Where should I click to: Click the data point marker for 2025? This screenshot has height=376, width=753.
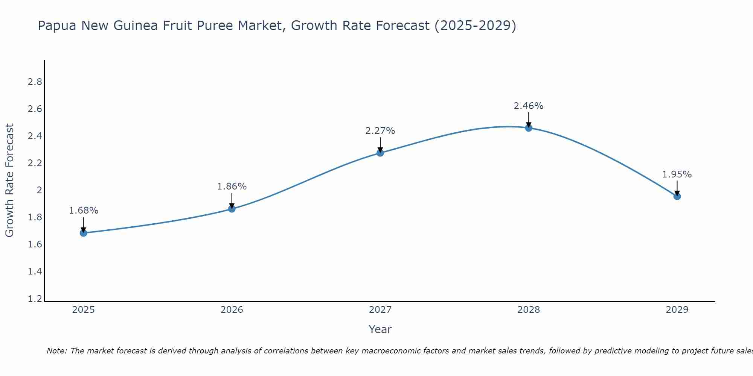point(84,233)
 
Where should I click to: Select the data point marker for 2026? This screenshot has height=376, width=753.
point(232,209)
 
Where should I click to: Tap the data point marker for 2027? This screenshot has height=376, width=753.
point(380,153)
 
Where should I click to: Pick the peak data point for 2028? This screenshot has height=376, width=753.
point(529,128)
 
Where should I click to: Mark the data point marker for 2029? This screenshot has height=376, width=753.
point(677,196)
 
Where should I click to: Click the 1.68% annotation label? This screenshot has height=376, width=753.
point(84,211)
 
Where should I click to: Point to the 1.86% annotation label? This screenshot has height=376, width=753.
point(232,186)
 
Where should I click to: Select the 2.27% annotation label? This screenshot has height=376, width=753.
point(380,131)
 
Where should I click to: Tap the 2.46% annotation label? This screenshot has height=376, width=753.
point(529,106)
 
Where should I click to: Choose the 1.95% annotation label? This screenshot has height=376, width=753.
point(677,174)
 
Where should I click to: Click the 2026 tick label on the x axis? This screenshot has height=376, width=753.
point(232,310)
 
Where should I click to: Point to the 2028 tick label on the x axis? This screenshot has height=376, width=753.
point(529,310)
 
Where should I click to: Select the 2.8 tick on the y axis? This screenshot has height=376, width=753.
point(35,82)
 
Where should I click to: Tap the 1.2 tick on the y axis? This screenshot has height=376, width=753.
point(35,299)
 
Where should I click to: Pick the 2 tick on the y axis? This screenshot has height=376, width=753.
point(39,190)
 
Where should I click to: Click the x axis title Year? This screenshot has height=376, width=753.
point(380,329)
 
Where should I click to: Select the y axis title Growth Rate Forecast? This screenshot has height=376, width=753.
point(9,180)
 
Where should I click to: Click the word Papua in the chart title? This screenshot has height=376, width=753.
point(58,26)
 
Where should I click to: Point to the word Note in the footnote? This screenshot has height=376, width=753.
point(56,351)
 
